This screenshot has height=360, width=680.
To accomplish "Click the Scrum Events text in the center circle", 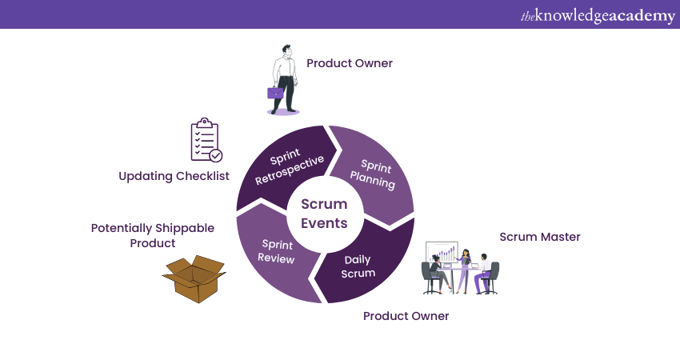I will [325, 214].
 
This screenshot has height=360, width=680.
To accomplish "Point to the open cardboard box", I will [194, 279].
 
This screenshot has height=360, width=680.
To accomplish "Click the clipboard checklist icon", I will [205, 140].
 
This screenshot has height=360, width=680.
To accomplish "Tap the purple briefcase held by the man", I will [274, 93].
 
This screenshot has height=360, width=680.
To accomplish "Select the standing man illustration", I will [285, 81].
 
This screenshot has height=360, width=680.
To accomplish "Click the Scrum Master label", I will [539, 237].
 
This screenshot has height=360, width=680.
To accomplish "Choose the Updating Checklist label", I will [174, 176].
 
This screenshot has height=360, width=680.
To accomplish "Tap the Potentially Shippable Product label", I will [152, 235].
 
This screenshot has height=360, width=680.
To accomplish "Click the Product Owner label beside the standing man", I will [349, 63].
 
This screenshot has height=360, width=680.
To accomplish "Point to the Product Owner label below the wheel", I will [406, 316].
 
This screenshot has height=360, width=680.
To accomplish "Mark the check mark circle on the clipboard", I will [215, 156].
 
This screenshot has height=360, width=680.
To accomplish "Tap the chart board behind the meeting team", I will [442, 254].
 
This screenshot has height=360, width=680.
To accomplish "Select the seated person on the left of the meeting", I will [437, 272].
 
